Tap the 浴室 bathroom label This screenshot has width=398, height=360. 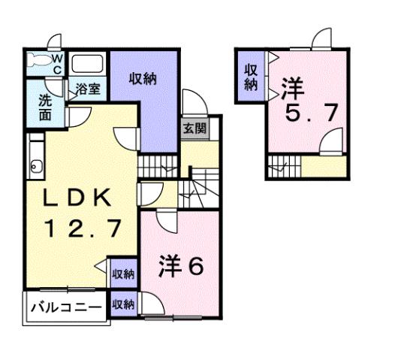[88, 89]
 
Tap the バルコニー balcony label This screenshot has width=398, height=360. [66, 308]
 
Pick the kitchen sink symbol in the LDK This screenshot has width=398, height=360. [35, 166]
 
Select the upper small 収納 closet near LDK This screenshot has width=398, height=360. [123, 274]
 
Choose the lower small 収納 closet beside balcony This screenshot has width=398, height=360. [123, 304]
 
